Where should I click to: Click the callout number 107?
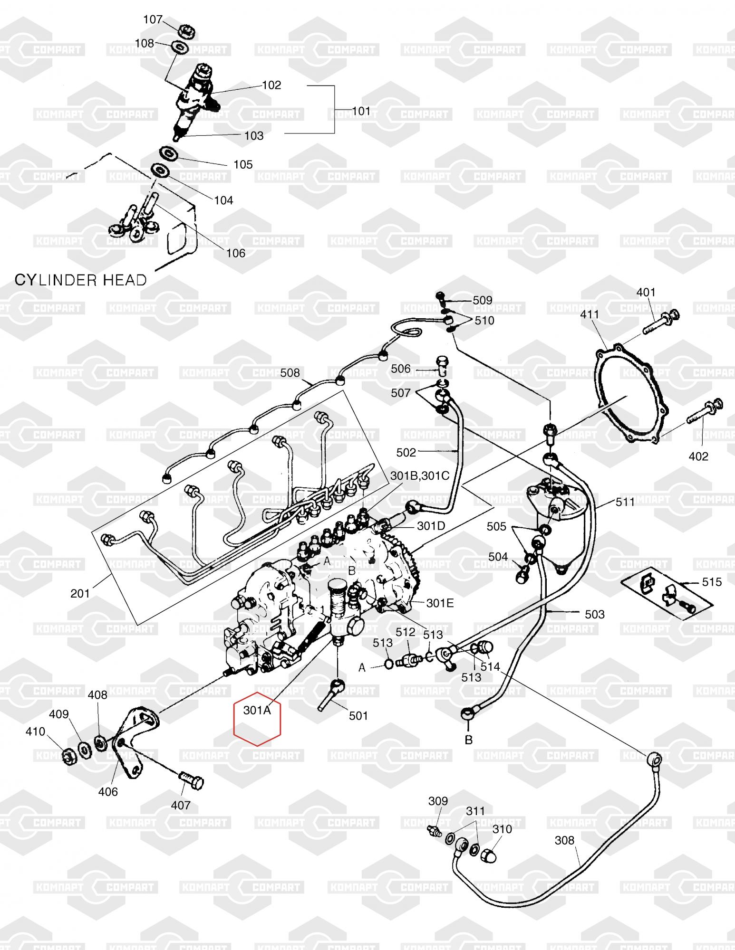[x=153, y=19]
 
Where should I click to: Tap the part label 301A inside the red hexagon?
[x=257, y=710]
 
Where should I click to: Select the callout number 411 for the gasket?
[x=590, y=314]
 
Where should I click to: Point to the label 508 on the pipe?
[x=290, y=373]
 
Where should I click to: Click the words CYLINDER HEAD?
[x=81, y=280]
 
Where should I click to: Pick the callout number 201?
[x=80, y=593]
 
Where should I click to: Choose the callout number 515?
[x=712, y=582]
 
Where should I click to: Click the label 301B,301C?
[x=420, y=475]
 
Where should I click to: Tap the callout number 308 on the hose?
[x=564, y=840]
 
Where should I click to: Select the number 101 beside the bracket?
[x=361, y=111]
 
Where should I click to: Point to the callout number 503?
[x=594, y=614]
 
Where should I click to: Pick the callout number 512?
[x=406, y=632]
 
